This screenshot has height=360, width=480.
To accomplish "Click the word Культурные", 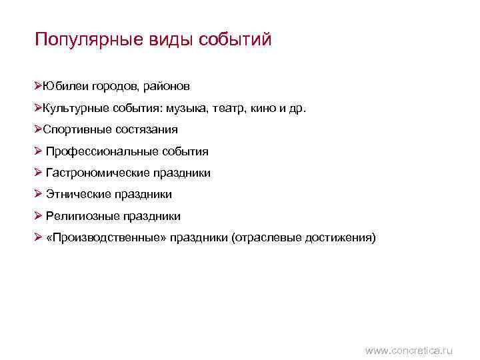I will click(x=75, y=108).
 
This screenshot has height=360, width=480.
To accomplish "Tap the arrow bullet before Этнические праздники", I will click(x=39, y=194).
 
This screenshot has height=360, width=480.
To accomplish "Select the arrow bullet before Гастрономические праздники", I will click(x=39, y=173).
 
